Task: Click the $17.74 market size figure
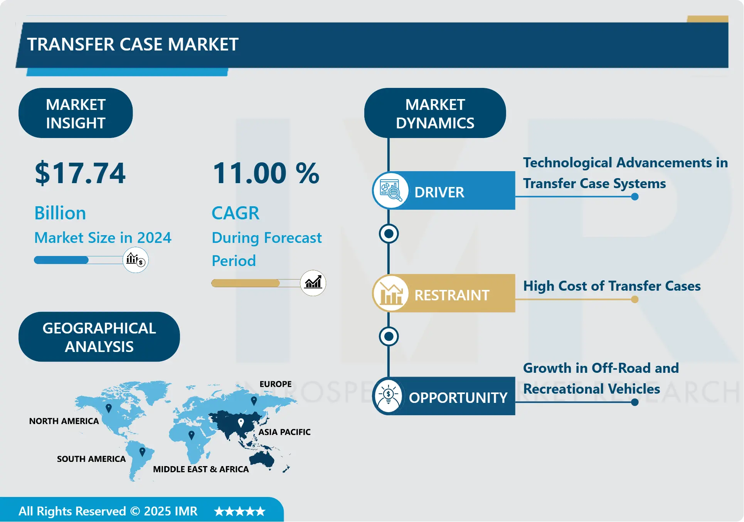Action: [x=80, y=173]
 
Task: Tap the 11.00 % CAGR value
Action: [x=266, y=173]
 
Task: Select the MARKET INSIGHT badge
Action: [x=76, y=113]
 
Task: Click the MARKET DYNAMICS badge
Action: [x=435, y=113]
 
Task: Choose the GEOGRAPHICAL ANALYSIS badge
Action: [x=99, y=337]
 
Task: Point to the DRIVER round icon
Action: [x=391, y=190]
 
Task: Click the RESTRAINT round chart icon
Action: [x=391, y=294]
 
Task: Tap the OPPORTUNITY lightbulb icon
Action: [x=389, y=396]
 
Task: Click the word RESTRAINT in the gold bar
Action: [x=451, y=295]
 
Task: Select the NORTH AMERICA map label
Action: [x=64, y=421]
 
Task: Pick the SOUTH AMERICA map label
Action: [x=91, y=459]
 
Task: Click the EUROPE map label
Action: [x=275, y=384]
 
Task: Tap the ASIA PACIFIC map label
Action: [x=284, y=432]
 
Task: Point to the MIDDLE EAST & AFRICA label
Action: [x=201, y=469]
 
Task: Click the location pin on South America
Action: [x=142, y=451]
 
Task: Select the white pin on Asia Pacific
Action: [x=241, y=422]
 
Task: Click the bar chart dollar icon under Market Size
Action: [x=135, y=260]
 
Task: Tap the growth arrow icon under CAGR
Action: [x=313, y=283]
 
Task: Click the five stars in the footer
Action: [x=240, y=511]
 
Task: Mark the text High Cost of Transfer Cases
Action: [x=611, y=286]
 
